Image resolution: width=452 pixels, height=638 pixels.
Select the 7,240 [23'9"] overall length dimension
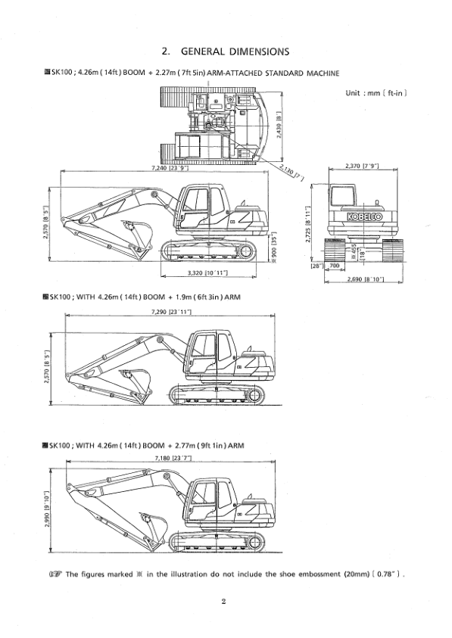170,168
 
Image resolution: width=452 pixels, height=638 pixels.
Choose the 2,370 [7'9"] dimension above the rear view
361,165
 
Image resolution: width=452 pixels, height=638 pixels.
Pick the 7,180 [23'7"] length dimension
171,459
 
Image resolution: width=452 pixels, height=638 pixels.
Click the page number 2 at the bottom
225,602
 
